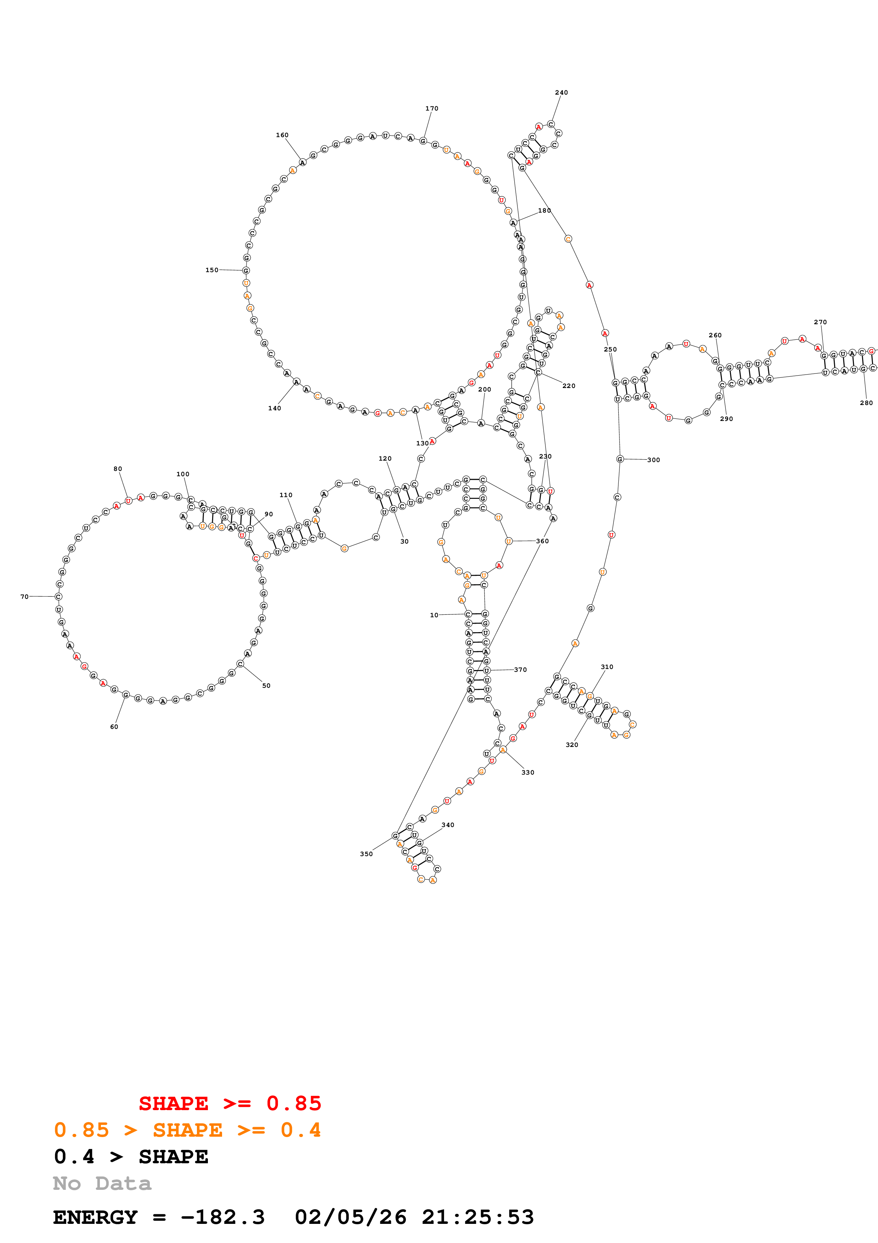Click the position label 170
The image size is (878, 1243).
pyautogui.click(x=432, y=108)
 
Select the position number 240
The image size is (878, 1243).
pyautogui.click(x=561, y=92)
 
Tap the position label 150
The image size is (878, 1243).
pyautogui.click(x=212, y=270)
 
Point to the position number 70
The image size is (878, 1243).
pyautogui.click(x=24, y=597)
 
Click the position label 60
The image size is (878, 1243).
pyautogui.click(x=114, y=726)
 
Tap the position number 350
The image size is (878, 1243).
pyautogui.click(x=366, y=854)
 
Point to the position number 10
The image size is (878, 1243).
pyautogui.click(x=434, y=615)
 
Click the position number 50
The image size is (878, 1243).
pyautogui.click(x=266, y=685)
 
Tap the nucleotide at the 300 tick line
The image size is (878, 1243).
pyautogui.click(x=620, y=459)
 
